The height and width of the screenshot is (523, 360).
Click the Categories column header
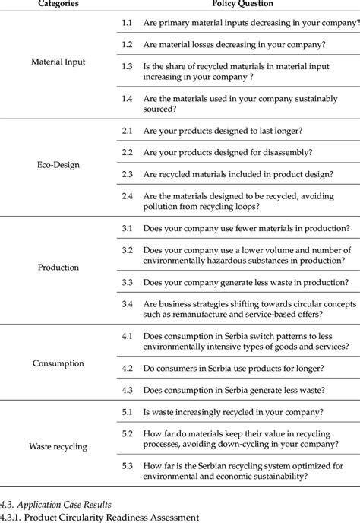58,4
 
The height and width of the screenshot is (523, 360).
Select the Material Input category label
58,62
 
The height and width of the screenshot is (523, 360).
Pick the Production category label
58,268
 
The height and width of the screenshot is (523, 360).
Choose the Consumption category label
58,363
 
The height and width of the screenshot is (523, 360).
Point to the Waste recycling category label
58,446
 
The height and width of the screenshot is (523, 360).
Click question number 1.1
128,23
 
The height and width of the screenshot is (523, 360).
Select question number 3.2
128,250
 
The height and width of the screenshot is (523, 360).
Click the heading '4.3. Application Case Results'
56,503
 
